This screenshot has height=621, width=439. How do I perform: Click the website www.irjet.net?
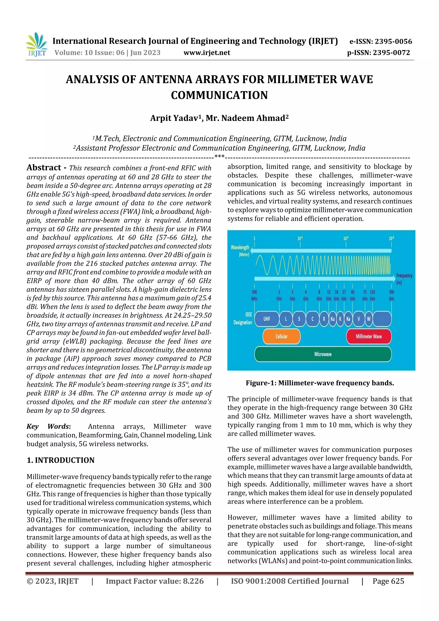coord(207,53)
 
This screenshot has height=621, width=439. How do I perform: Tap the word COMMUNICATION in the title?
coord(219,95)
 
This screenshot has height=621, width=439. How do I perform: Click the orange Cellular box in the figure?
coord(281,337)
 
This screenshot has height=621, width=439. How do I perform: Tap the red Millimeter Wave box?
coord(369,337)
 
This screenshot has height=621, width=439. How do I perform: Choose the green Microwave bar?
coord(323,354)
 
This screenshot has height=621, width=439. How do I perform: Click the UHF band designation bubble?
coord(267,319)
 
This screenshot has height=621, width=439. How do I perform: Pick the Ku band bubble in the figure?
coord(332,319)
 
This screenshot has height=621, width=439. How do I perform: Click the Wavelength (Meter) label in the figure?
coord(240,250)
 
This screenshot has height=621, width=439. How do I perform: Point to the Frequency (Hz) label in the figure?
coord(404,279)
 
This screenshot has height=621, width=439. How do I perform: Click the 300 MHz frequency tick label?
coord(254,295)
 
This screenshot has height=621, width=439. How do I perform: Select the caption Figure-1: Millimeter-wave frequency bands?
coord(320,383)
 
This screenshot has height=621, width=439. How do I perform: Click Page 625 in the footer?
coord(388,581)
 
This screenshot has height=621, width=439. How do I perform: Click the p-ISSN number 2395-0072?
coord(391,53)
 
